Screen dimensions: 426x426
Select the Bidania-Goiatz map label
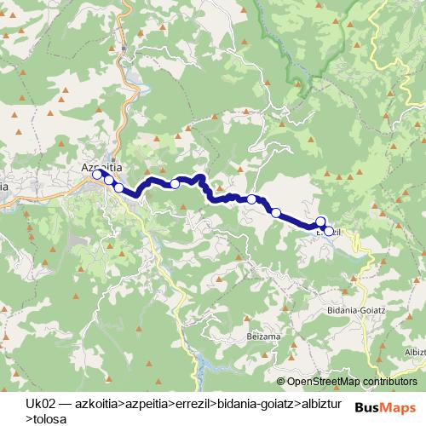[x=357, y=311]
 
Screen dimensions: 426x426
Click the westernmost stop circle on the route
[x=99, y=175]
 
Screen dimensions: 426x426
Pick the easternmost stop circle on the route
[x=328, y=230]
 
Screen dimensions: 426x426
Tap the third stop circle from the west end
[x=119, y=187]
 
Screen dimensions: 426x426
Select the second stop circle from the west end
[x=109, y=180]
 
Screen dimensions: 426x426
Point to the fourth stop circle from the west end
[x=175, y=183]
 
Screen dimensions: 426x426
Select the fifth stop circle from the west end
[x=252, y=199]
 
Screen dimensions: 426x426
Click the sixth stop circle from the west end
[x=275, y=212]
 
